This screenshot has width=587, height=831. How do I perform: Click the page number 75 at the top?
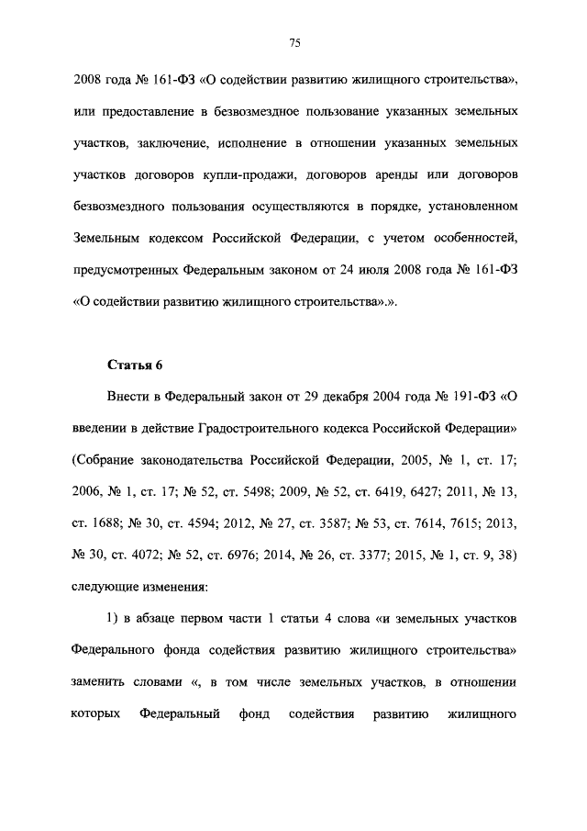(x=294, y=43)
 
